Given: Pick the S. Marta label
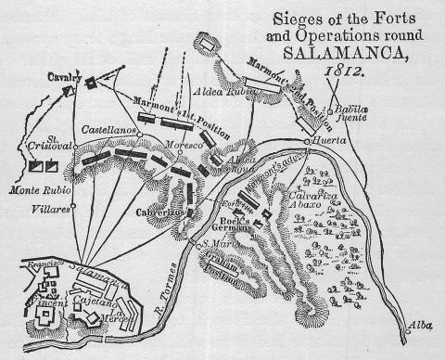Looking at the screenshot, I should [221, 243].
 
